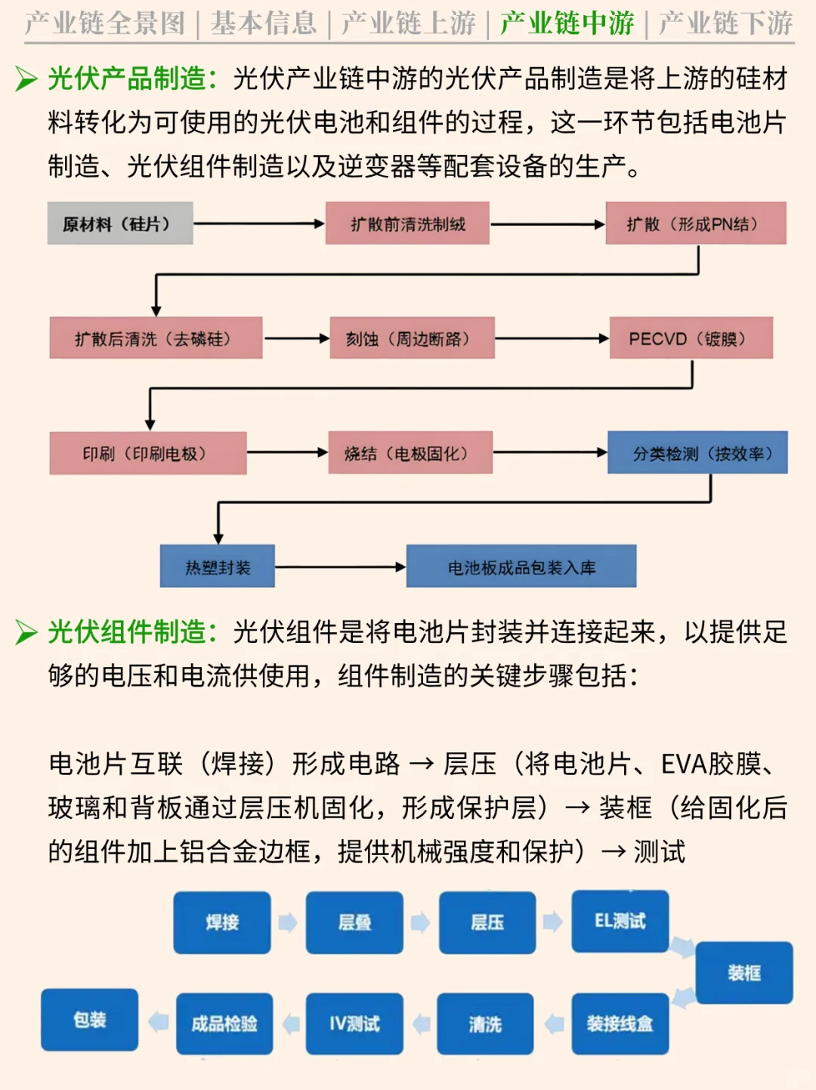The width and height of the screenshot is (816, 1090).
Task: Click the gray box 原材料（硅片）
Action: (x=120, y=224)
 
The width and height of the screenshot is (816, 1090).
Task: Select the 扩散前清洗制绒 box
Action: (x=407, y=224)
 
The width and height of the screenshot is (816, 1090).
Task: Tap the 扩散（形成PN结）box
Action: (x=695, y=224)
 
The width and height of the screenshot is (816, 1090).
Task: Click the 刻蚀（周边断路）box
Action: (x=412, y=338)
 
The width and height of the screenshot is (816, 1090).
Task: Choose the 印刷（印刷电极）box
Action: (x=148, y=453)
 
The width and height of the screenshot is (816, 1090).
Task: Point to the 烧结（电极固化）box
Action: (x=410, y=453)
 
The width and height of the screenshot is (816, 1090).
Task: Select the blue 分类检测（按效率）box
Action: (x=697, y=453)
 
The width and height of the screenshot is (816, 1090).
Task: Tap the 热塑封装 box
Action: (x=218, y=567)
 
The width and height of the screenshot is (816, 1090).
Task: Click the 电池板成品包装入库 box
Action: (x=521, y=567)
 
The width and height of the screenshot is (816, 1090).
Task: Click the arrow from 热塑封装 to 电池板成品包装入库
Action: (x=340, y=567)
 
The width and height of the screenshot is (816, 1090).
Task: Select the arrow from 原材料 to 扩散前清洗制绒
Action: (x=258, y=224)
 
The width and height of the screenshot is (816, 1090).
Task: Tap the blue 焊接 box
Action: (x=222, y=922)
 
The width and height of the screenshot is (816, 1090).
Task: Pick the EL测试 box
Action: (x=620, y=921)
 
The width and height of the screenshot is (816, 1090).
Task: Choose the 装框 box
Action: (x=744, y=973)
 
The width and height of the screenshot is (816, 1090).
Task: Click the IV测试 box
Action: (x=354, y=1024)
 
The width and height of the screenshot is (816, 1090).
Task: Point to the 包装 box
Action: (x=90, y=1020)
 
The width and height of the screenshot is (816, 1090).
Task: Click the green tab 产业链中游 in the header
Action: (x=567, y=23)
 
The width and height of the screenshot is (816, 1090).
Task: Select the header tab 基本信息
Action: (x=264, y=23)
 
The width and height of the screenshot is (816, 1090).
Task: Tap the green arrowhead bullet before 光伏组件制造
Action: (x=26, y=631)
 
